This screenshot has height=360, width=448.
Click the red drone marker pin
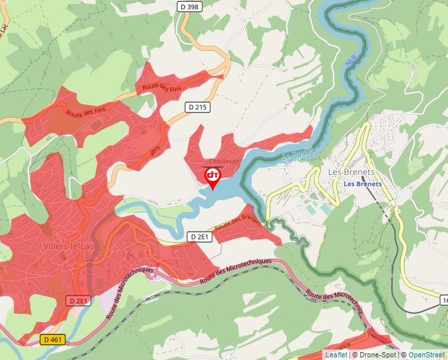coord(213,177)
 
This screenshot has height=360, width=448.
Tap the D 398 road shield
coord(190,6)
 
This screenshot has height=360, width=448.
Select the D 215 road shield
coord(197,107)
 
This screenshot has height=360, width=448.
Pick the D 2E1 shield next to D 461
coord(78,300)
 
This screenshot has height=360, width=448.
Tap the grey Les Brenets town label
coord(351,172)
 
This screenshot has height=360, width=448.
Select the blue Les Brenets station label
coord(362,184)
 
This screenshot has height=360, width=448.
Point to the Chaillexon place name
coord(224,161)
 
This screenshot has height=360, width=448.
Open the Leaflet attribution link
coord(336,355)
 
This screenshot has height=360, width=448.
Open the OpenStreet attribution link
coord(428,355)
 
